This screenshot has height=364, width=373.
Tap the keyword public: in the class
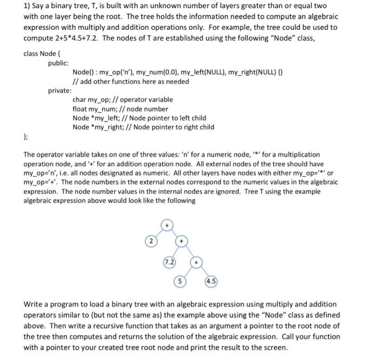tap(59, 62)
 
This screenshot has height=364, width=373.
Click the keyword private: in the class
tap(60, 91)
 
